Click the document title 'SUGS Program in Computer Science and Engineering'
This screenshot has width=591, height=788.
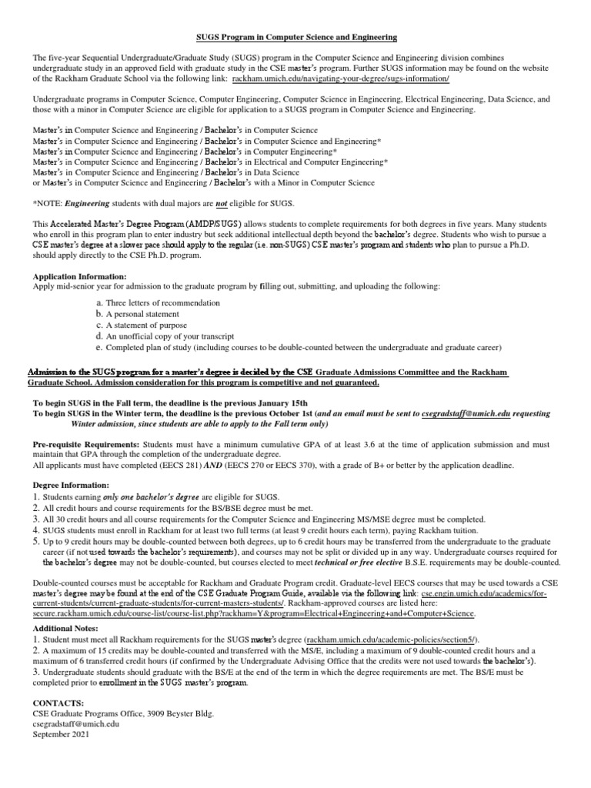tap(295, 37)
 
